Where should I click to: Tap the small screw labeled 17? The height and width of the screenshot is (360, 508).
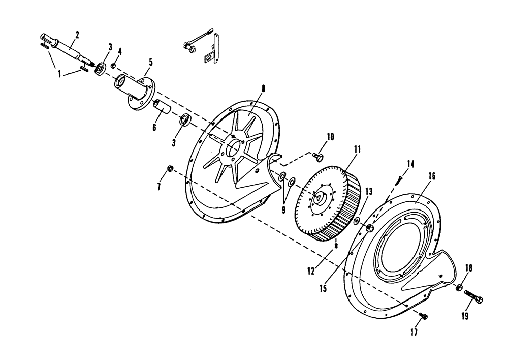424,316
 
